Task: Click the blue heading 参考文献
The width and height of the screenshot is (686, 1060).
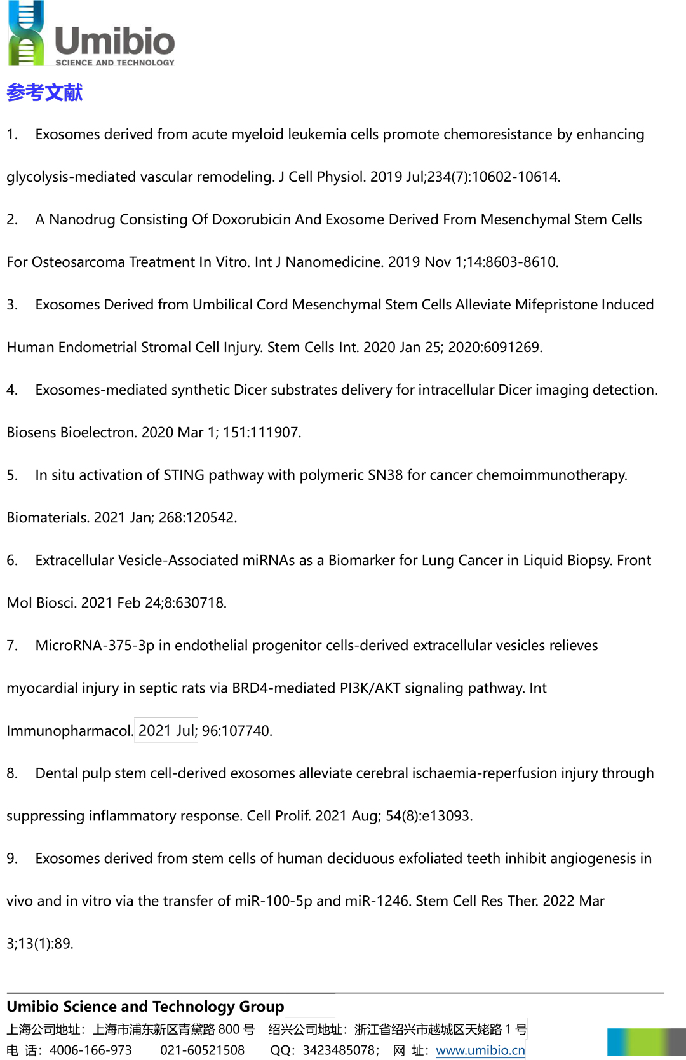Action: [x=44, y=93]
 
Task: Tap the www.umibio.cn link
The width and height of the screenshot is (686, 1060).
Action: [x=480, y=1050]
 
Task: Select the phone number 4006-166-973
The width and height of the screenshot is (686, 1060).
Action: [x=91, y=1050]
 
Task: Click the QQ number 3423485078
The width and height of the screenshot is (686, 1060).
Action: [x=339, y=1050]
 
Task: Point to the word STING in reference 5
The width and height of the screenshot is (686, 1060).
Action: [x=184, y=475]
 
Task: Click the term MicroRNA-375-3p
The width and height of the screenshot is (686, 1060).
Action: [x=95, y=646]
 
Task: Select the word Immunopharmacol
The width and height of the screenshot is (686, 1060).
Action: [x=69, y=731]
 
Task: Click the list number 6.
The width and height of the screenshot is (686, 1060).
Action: [x=12, y=561]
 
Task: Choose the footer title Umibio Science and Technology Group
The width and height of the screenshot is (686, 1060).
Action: [x=145, y=1007]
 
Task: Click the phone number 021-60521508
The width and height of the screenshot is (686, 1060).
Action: [x=202, y=1050]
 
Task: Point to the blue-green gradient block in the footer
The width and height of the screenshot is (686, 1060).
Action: [x=645, y=1042]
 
